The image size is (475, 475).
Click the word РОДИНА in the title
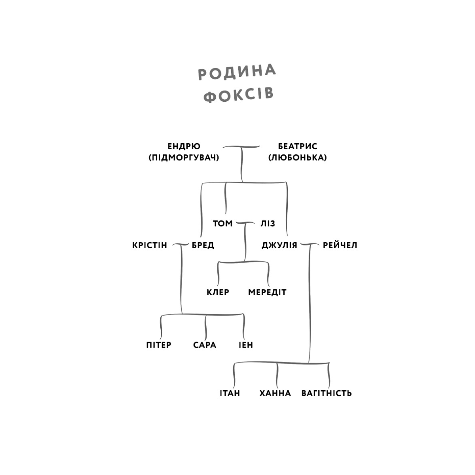point(237,72)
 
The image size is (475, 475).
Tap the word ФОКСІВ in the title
point(239,95)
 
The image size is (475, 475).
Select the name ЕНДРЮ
point(184,146)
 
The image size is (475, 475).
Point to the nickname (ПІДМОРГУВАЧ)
point(184,158)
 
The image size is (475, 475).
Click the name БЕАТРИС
point(298,146)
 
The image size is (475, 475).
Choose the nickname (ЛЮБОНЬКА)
point(298,158)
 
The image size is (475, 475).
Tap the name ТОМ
point(222,224)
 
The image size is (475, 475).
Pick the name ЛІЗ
point(268,224)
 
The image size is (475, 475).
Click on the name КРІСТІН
point(150,245)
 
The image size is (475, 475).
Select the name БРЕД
point(203,245)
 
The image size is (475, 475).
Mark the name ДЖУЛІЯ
point(279,245)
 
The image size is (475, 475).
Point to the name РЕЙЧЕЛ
point(340,245)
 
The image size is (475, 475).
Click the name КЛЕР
point(218,293)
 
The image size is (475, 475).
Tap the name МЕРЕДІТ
point(267,293)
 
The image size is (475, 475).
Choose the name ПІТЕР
point(159,345)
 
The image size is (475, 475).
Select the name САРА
point(205,345)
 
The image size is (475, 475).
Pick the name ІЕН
point(246,345)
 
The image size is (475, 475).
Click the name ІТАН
point(230,393)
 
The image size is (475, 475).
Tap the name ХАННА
point(275,393)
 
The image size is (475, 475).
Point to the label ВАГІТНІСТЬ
point(326,393)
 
